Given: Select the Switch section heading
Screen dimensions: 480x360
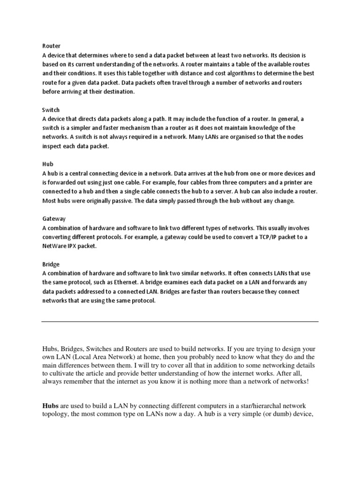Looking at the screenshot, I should pos(51,110).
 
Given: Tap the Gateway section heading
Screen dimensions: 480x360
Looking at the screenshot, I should pos(53,219).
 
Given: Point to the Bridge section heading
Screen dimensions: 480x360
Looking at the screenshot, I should pos(51,264).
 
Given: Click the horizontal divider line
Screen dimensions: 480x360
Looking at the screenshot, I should pos(180,322).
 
